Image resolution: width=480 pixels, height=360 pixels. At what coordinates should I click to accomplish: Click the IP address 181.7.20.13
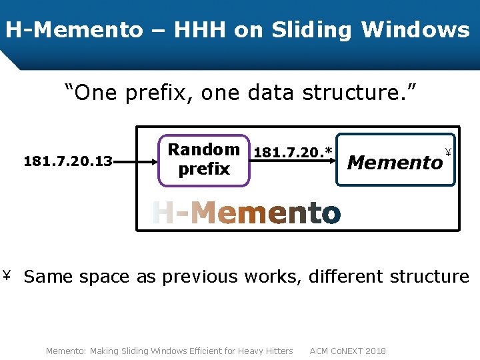[x=68, y=161]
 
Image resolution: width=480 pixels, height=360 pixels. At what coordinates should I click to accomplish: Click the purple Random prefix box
[x=203, y=159]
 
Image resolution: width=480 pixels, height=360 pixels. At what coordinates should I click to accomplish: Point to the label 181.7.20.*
[x=293, y=153]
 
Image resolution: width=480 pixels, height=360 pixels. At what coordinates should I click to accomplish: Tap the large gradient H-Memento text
[x=246, y=213]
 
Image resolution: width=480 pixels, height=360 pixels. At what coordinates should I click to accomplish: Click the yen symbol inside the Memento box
[x=448, y=150]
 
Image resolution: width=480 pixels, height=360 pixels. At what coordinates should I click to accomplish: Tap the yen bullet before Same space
[x=9, y=275]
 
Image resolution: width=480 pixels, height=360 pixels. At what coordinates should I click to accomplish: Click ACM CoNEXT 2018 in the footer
[x=347, y=351]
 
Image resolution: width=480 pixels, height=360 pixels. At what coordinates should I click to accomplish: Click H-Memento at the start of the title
[x=74, y=30]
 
